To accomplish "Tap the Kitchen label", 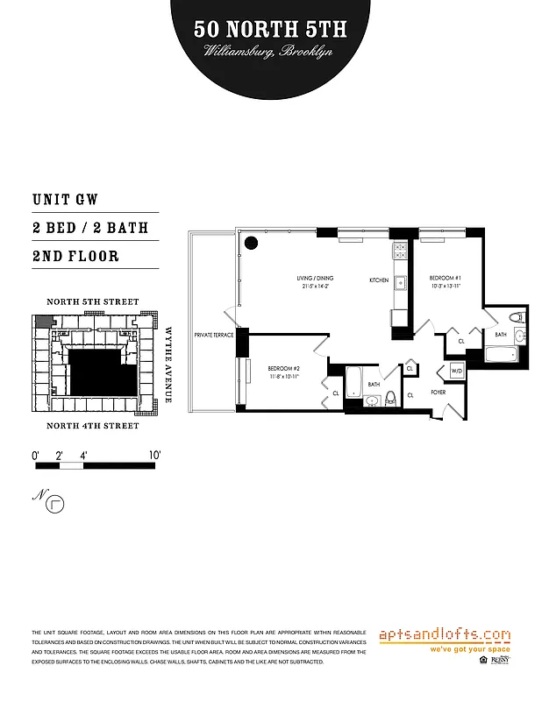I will [x=378, y=280].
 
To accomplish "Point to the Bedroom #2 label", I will [x=284, y=368].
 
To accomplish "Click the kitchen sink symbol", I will [x=399, y=282].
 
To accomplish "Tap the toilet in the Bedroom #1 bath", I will [x=516, y=317].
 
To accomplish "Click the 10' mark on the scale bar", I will [x=155, y=456].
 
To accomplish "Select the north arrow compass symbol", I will [x=58, y=503].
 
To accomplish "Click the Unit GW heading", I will [x=66, y=200].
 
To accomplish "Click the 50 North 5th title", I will [x=270, y=30].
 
